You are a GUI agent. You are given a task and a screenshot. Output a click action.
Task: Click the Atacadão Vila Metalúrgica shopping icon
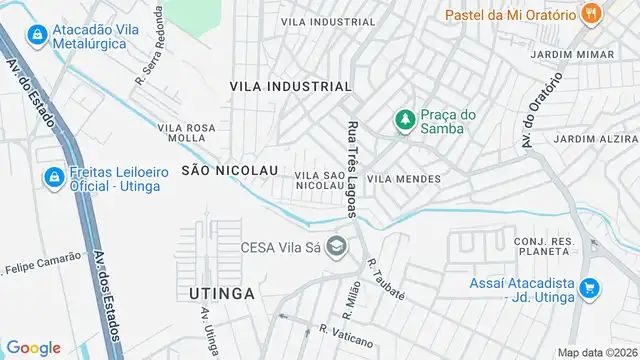[37, 34]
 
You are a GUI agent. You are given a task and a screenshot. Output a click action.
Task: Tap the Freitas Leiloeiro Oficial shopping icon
[51, 177]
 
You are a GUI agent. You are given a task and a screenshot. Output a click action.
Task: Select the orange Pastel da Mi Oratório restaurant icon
[592, 14]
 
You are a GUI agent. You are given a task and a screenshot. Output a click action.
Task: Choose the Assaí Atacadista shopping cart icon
[589, 288]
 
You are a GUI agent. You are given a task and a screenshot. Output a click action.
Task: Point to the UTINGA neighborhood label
[221, 293]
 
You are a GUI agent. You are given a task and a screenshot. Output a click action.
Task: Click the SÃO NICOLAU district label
[229, 170]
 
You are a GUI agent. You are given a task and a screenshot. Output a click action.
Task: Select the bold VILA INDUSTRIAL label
[291, 87]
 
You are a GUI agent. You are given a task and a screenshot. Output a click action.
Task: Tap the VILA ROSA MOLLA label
[187, 133]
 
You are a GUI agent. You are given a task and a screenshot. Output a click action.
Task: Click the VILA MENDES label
[404, 178]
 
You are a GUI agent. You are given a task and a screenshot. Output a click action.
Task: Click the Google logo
[34, 347]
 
